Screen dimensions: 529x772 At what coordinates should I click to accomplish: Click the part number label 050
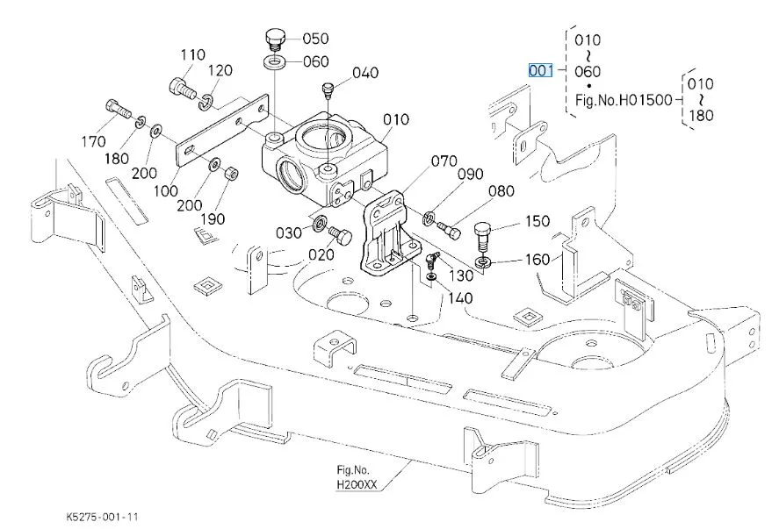pos(315,39)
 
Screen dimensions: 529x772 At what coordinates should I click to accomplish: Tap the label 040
pos(365,73)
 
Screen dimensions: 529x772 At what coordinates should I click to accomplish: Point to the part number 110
pos(193,55)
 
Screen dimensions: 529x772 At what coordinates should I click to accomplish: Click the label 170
pos(92,141)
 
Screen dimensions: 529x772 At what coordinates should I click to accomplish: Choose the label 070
pos(444,161)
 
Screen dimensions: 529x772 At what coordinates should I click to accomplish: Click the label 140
pos(459,298)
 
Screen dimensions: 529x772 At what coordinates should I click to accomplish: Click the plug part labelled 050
pos(274,39)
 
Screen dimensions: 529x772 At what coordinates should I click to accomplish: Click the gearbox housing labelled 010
pos(323,154)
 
